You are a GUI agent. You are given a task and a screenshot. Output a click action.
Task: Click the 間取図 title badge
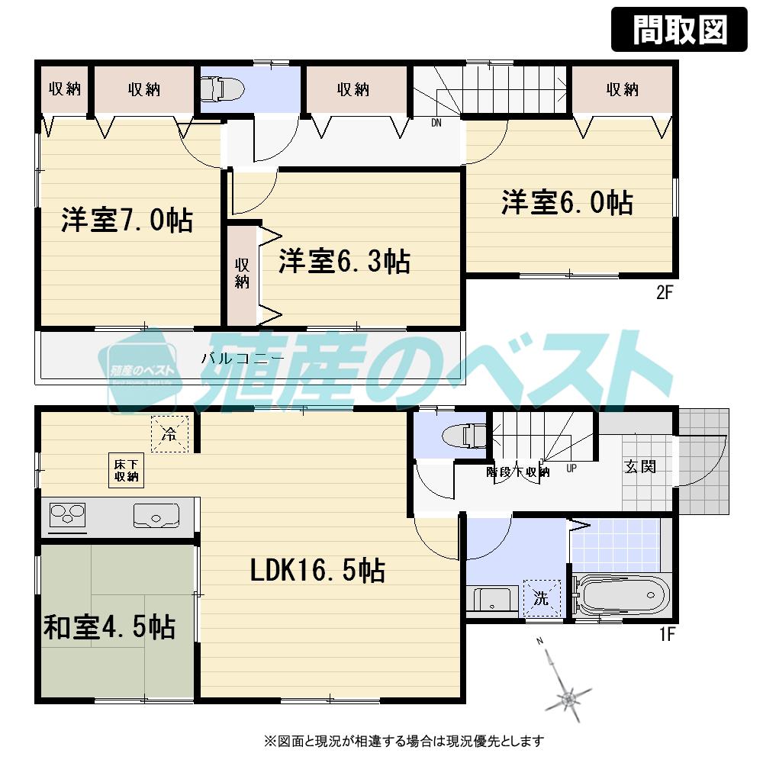click(679, 30)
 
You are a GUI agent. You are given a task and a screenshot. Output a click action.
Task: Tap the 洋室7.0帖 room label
click(127, 221)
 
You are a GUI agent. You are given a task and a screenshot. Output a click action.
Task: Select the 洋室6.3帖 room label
click(344, 262)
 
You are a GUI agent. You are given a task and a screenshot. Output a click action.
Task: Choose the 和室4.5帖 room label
click(109, 627)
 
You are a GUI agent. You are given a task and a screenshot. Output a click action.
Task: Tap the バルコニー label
click(243, 358)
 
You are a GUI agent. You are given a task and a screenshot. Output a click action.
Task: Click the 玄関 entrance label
click(640, 466)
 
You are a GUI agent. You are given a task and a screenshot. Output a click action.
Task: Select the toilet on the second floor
click(221, 90)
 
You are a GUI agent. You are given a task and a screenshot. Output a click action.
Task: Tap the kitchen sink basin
click(156, 517)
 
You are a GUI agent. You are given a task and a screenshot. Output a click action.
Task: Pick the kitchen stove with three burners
click(67, 516)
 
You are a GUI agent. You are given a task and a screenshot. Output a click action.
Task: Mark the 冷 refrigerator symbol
click(169, 435)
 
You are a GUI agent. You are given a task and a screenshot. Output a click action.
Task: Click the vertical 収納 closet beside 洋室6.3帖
click(242, 273)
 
